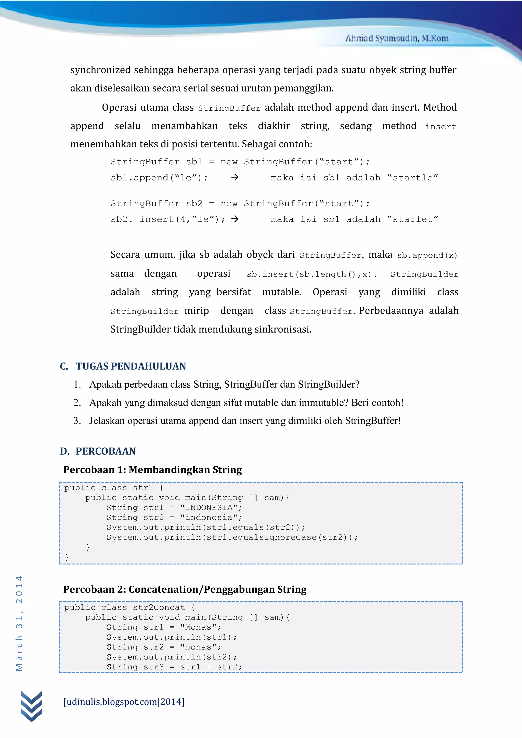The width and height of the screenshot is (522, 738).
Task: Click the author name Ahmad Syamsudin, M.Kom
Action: [x=397, y=38]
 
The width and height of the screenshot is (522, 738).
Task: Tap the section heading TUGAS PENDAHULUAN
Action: [x=131, y=366]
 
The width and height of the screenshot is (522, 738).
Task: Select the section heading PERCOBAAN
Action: [x=106, y=451]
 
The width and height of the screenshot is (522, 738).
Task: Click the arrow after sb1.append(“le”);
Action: [x=235, y=177]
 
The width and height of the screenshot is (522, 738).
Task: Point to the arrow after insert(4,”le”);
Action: [x=235, y=219]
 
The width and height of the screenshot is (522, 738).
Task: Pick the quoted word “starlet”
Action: [x=413, y=219]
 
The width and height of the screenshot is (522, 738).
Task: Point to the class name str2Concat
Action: [x=159, y=608]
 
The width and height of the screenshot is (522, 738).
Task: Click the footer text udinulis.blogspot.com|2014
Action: [x=124, y=702]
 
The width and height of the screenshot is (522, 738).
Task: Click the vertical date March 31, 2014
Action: [x=19, y=623]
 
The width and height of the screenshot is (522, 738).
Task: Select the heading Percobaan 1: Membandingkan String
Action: [x=152, y=470]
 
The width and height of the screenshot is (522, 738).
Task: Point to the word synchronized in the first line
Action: [x=100, y=70]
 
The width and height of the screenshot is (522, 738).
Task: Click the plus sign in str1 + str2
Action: [x=209, y=667]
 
